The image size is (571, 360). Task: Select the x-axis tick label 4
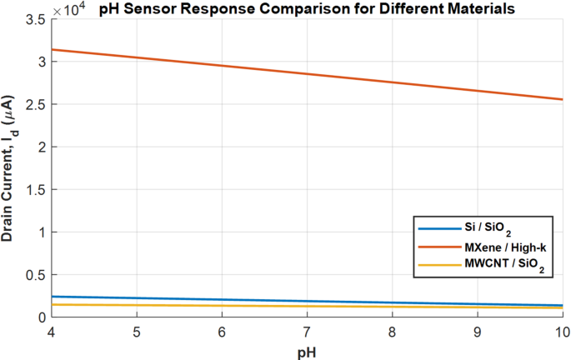tap(53, 331)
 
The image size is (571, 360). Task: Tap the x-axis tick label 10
tap(560, 331)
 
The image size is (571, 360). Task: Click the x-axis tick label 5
tap(138, 331)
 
